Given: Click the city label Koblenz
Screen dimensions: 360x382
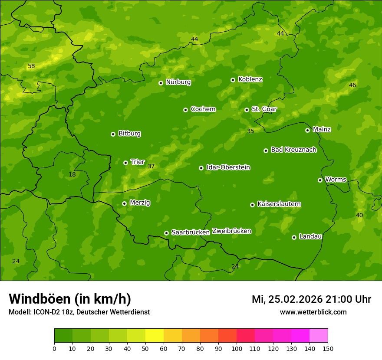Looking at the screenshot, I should (x=250, y=79).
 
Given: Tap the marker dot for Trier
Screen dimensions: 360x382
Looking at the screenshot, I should (x=126, y=163).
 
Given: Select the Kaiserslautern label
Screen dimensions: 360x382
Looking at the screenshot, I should (x=279, y=204).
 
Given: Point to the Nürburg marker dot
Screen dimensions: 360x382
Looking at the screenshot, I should (x=161, y=83).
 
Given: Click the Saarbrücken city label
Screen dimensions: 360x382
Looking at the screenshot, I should (x=191, y=232).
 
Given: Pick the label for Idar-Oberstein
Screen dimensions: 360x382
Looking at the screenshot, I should (x=228, y=167).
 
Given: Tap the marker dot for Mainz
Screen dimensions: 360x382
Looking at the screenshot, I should (x=307, y=130).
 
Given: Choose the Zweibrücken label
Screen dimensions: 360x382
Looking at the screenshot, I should (x=231, y=231).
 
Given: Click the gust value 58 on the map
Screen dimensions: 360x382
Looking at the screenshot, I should (x=31, y=66).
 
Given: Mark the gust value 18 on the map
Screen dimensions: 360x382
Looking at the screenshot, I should (x=72, y=174).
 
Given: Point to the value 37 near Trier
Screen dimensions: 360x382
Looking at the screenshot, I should (x=151, y=166).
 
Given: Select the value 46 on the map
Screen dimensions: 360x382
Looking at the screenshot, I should (x=352, y=85).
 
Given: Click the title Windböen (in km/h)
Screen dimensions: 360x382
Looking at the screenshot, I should (x=70, y=299).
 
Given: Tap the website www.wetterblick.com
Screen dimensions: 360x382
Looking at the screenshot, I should (x=313, y=312).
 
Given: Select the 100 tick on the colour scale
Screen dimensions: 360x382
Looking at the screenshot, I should (x=237, y=348).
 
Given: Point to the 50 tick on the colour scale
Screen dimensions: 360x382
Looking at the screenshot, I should (x=145, y=348).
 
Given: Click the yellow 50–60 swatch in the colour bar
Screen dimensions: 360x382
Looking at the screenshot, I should (x=155, y=336).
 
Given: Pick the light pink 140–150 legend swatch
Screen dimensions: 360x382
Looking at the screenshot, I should (x=319, y=336).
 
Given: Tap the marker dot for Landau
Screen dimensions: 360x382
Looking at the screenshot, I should (x=294, y=237).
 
